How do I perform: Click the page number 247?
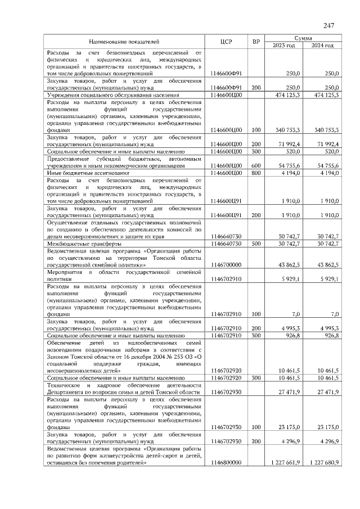[x=329, y=25]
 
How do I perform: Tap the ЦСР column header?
[x=227, y=42]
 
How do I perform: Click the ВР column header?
[x=256, y=42]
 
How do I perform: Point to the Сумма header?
[x=303, y=37]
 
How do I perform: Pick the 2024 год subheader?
[x=322, y=46]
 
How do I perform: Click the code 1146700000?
[x=226, y=264]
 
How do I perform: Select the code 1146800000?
[x=226, y=462]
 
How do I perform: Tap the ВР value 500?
[x=256, y=244]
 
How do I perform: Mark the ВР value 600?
[x=256, y=166]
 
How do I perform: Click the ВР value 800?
[x=256, y=174]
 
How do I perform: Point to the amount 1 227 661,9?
[x=285, y=462]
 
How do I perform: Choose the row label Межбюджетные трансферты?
[x=84, y=244]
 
